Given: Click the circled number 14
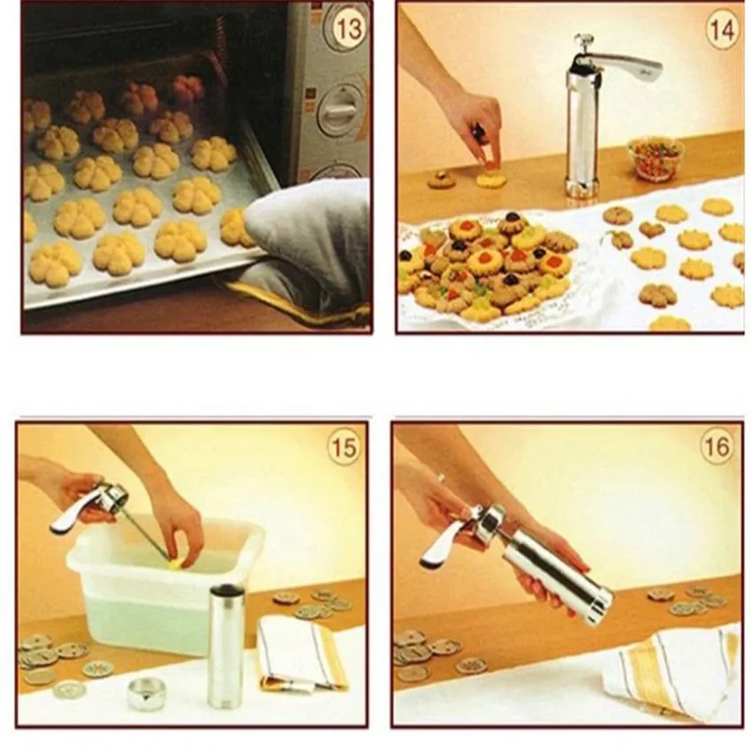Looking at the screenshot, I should tap(721, 30).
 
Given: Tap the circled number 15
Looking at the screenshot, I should tap(344, 447).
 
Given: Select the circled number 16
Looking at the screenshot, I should tap(717, 447).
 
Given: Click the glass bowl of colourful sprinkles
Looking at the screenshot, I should tap(656, 158).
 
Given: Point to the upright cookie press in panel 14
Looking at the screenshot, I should tap(583, 133).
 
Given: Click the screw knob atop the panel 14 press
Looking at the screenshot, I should tap(583, 41).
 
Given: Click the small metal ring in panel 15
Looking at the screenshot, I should tap(146, 694).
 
